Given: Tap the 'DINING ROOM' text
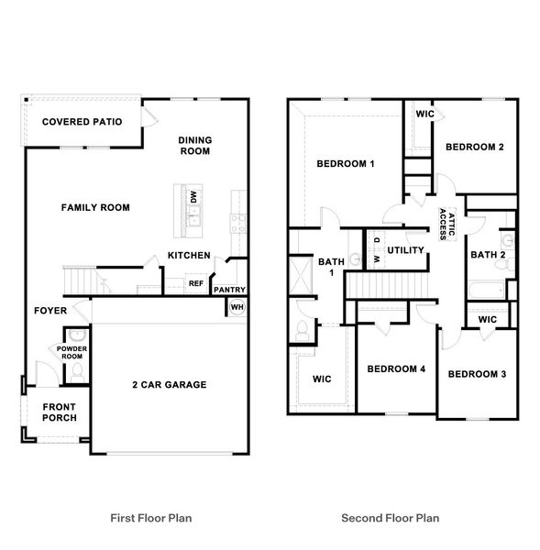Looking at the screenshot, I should click(194, 146).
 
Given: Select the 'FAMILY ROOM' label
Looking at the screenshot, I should click(95, 208).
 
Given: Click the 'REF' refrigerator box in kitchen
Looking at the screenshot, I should click(195, 283).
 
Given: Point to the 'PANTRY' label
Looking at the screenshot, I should click(228, 290).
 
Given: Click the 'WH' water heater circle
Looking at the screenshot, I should click(237, 307).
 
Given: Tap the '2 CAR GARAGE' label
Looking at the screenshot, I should click(169, 384).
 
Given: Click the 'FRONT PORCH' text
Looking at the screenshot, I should click(59, 412).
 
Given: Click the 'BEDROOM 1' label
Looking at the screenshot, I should click(346, 164).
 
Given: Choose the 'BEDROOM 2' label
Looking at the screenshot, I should click(474, 147).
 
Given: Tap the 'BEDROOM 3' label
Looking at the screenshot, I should click(478, 374).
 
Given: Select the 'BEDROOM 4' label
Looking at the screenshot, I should click(396, 369).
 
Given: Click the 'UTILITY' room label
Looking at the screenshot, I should click(404, 250).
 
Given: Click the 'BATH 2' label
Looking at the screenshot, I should click(488, 255).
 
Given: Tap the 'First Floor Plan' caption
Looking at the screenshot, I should click(151, 518).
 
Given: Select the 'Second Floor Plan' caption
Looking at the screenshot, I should click(390, 518).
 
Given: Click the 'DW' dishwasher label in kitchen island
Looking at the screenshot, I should click(193, 197).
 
